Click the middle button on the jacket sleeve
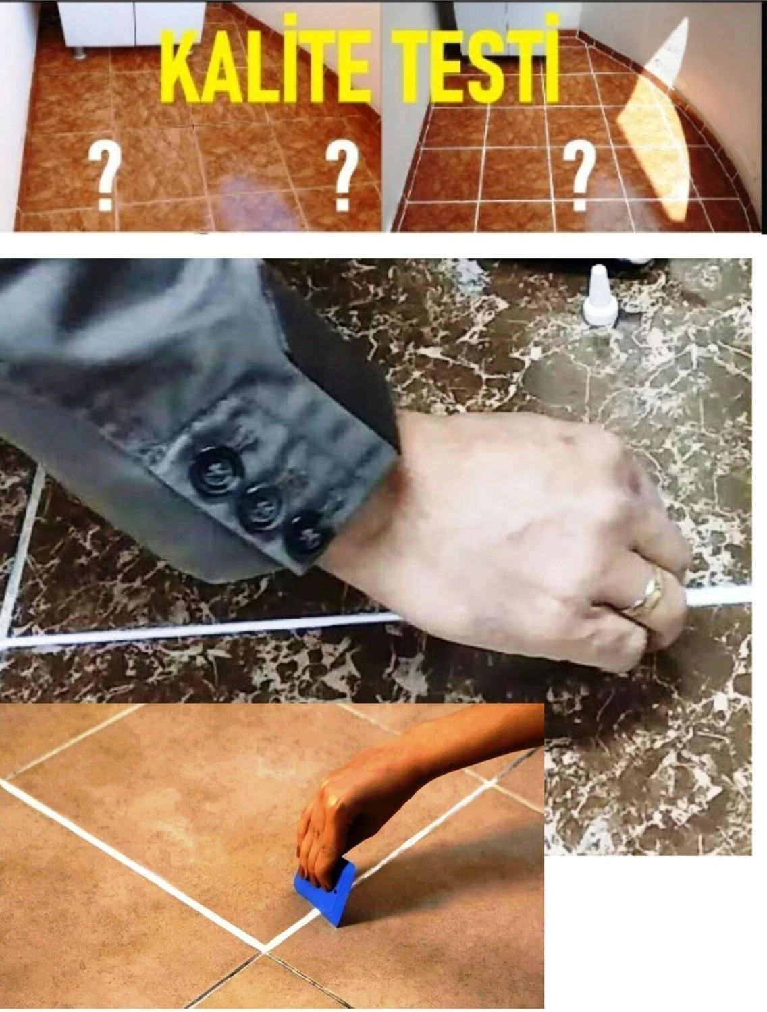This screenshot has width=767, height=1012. tap(261, 506)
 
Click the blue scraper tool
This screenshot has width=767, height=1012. tap(325, 892)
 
